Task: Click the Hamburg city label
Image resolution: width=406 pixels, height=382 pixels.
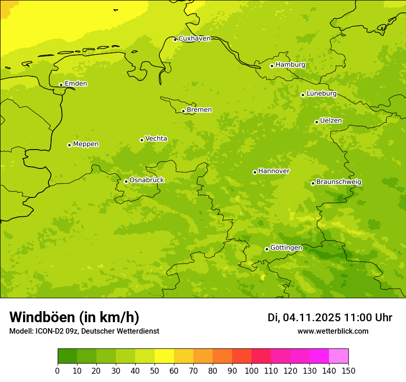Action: tap(290, 65)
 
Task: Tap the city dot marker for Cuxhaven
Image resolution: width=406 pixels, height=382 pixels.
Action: tap(175, 40)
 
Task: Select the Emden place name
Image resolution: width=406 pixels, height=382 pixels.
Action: tap(76, 84)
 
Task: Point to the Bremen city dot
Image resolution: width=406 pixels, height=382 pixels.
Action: tap(183, 111)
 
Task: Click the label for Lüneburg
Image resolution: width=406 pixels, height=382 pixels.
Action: tap(321, 93)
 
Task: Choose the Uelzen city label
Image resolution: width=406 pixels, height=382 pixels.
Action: tap(331, 121)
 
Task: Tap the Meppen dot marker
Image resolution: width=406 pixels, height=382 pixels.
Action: tap(69, 145)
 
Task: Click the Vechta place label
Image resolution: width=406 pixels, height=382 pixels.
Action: tap(156, 139)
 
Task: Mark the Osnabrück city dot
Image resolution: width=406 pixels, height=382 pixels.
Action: tap(126, 181)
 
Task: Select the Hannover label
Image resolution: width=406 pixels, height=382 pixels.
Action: tap(274, 171)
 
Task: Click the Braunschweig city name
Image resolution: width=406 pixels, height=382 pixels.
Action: tap(339, 182)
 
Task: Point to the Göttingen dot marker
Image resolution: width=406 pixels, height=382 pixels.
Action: tap(267, 249)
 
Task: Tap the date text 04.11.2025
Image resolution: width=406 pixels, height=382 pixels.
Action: tap(311, 318)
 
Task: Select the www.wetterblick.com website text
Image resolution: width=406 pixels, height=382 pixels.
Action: tap(333, 331)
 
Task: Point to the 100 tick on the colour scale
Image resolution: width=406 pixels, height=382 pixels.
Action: tap(251, 370)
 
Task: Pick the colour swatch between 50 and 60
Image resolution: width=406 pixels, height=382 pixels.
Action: tap(164, 356)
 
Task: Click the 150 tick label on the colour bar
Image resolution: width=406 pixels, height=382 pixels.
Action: tap(348, 370)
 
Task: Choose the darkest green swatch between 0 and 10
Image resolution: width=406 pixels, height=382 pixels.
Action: tap(67, 356)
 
